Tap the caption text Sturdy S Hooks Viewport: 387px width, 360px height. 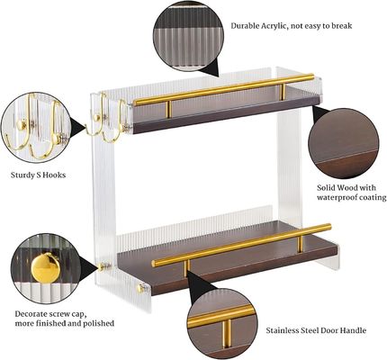point(38,175)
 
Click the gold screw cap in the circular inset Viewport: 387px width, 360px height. point(42,266)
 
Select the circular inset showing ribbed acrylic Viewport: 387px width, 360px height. point(184,37)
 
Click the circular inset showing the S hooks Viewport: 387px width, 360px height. point(34,129)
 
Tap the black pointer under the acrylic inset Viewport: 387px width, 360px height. point(208,67)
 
